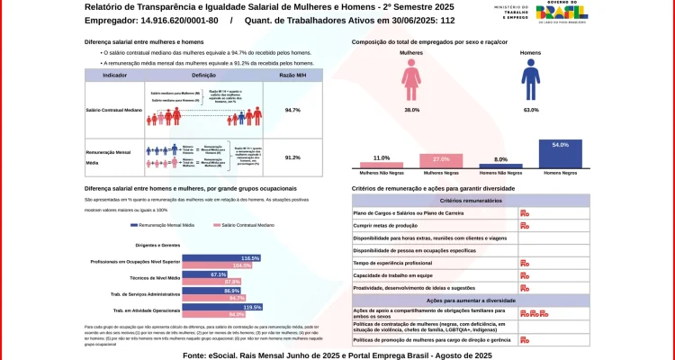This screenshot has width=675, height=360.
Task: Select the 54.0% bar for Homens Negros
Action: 566,153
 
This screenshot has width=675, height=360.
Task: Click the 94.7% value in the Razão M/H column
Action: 292,110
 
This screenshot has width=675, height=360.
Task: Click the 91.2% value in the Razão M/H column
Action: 292,157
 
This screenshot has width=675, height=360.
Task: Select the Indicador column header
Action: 114,76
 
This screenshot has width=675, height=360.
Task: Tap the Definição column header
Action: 203,76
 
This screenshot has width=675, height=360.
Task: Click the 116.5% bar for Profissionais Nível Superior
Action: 221,258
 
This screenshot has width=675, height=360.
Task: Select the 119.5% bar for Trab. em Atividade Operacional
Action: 222,307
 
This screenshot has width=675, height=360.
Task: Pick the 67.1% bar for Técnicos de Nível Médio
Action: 204,274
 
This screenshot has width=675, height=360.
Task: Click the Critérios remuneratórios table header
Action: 471,201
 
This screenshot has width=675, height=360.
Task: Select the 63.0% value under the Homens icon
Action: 531,110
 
